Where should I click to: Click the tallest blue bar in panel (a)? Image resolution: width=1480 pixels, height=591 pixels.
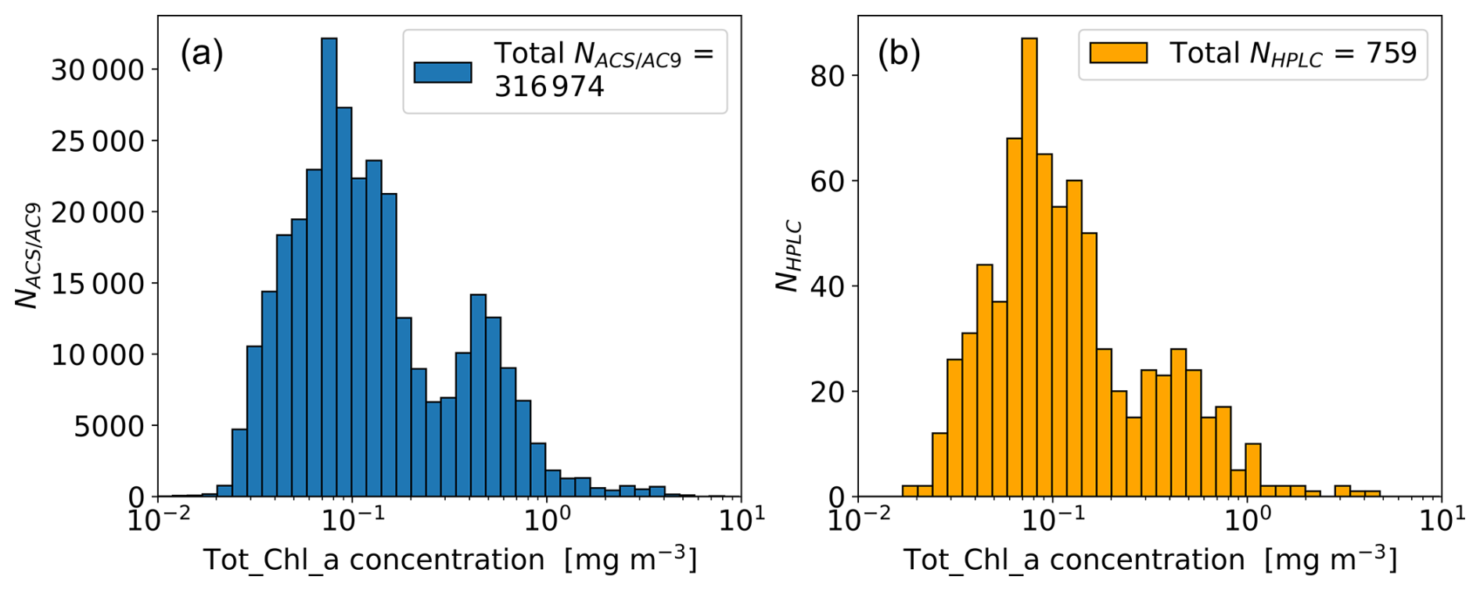(329, 266)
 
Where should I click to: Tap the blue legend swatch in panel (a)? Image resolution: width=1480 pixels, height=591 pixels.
(443, 72)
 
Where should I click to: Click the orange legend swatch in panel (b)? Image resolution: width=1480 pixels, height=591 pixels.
(1118, 53)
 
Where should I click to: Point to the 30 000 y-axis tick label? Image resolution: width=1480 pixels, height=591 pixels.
(98, 70)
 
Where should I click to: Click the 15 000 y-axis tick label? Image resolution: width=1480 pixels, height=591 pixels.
(98, 284)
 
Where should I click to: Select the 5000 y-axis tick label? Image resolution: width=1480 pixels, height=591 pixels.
(110, 426)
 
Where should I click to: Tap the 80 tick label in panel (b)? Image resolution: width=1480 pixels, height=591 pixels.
(828, 76)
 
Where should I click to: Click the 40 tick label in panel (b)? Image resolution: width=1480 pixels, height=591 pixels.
(828, 286)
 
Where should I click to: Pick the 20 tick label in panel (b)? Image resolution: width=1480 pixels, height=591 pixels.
(828, 392)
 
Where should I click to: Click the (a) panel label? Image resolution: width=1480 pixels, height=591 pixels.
(202, 53)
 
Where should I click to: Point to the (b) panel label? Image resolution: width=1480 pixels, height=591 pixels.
(899, 53)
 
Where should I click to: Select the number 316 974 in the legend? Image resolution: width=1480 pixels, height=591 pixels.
(549, 86)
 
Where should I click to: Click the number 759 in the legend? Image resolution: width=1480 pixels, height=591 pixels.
(1391, 53)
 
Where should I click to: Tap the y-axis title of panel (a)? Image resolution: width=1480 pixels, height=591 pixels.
(28, 256)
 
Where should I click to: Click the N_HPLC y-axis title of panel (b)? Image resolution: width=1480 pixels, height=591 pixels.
(788, 256)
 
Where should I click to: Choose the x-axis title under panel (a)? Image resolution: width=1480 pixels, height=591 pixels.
(449, 560)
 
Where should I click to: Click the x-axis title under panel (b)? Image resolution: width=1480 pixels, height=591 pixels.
(1149, 560)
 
